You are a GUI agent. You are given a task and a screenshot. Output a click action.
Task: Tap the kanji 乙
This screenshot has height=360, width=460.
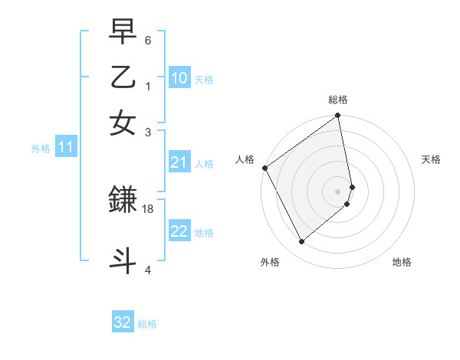(x=123, y=78)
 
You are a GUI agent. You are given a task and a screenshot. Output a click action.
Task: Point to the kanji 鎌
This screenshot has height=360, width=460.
(x=123, y=201)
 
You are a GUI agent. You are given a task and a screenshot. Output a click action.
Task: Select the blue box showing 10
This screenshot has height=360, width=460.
(x=179, y=77)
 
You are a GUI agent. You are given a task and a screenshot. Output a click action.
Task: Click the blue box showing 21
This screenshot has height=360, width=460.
(x=179, y=162)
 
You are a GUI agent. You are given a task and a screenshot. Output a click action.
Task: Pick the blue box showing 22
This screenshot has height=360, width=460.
(x=179, y=231)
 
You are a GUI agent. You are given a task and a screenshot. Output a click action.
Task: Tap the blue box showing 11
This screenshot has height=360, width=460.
(x=65, y=147)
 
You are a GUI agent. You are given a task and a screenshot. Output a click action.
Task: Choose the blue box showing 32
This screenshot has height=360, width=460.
(x=123, y=322)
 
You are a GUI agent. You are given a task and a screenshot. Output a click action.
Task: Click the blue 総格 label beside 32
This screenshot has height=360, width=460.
(x=147, y=324)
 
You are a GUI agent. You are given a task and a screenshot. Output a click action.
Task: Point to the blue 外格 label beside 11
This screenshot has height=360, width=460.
(x=41, y=149)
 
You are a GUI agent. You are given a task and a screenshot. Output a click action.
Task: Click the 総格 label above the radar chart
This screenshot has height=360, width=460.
(x=338, y=100)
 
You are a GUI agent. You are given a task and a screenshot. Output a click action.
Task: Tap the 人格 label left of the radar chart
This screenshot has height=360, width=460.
(x=245, y=159)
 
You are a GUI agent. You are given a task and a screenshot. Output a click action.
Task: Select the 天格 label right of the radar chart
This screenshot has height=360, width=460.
(x=431, y=159)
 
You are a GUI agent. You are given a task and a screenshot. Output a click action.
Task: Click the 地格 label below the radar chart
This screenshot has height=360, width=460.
(x=402, y=262)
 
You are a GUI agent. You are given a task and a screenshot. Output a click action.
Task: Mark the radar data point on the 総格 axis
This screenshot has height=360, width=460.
(x=338, y=116)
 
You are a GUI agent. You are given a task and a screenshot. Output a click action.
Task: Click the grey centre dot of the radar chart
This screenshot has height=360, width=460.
(x=338, y=191)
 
